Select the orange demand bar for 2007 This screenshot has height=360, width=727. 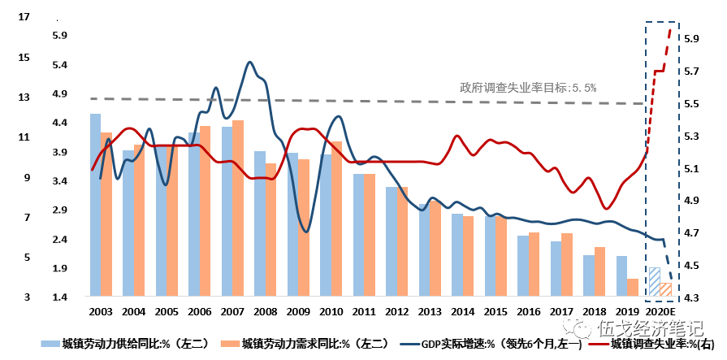click(238, 208)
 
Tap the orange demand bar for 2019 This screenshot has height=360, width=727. click(633, 288)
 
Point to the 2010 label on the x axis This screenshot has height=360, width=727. click(331, 311)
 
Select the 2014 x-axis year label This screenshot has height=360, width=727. click(462, 311)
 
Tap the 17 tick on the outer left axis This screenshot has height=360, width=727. click(23, 15)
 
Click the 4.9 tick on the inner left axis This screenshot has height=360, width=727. click(61, 94)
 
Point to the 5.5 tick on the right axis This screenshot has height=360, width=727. click(690, 104)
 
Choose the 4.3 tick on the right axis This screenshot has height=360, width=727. click(690, 298)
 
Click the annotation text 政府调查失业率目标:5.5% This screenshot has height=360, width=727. click(528, 87)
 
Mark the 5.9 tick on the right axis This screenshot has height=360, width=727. click(690, 39)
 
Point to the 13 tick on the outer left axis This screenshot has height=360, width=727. click(23, 97)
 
